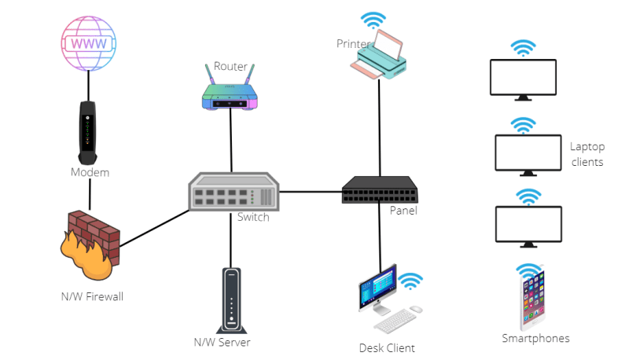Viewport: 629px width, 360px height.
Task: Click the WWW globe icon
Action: pos(88,43)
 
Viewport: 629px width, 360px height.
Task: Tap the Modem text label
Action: pos(90,172)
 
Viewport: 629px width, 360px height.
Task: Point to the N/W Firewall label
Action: pos(93,296)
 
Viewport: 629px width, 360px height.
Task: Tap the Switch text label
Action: pos(253,217)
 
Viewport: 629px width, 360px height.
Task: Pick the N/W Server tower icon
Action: pos(230,299)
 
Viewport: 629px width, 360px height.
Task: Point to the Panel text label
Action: pos(403,211)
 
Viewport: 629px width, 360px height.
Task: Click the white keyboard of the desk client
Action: pos(395,319)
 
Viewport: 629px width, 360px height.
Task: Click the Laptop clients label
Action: pos(587,154)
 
